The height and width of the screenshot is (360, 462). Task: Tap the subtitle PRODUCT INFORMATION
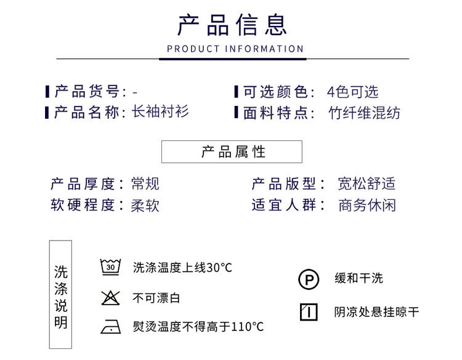(235, 49)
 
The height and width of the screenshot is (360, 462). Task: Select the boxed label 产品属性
(232, 152)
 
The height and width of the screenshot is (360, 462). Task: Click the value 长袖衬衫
(161, 112)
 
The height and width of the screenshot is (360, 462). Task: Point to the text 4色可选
(352, 92)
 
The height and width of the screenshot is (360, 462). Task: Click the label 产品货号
(88, 92)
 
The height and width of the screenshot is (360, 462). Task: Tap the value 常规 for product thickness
(145, 183)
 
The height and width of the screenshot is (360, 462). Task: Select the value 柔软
(145, 206)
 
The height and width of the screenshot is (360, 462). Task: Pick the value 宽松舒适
(367, 183)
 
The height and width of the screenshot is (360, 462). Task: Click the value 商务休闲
(367, 206)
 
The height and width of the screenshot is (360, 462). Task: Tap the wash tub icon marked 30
(110, 267)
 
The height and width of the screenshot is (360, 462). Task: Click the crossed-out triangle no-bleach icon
(110, 298)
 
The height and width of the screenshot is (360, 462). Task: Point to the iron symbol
(110, 327)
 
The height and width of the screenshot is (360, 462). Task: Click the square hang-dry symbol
(309, 312)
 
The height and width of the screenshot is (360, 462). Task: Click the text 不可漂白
(156, 298)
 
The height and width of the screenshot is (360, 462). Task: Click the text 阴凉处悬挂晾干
(376, 312)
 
